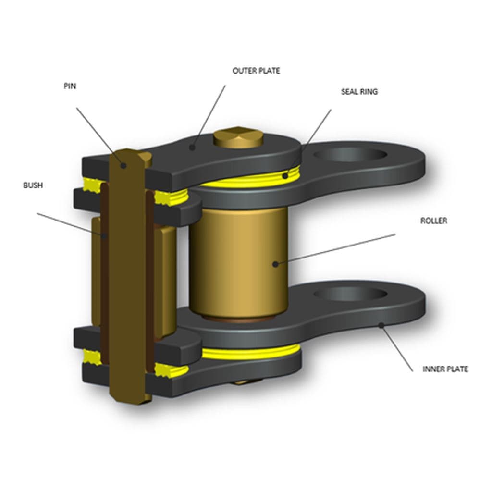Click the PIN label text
coord(70,86)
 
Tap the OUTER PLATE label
coord(256,71)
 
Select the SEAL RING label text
coord(359,92)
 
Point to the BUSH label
coord(33,185)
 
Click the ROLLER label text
coord(434,221)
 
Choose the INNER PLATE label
coord(445,369)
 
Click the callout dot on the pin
coord(123,165)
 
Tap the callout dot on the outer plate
coord(193,147)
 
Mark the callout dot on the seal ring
coord(285,176)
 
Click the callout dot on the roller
coord(275,264)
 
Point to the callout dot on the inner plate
coord(381,325)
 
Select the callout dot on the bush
coord(104,235)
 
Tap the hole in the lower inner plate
coord(350,294)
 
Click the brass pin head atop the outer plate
coord(238,137)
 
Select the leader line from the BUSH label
coord(71,224)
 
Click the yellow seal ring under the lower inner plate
coord(251,353)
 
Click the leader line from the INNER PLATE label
coord(397,349)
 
